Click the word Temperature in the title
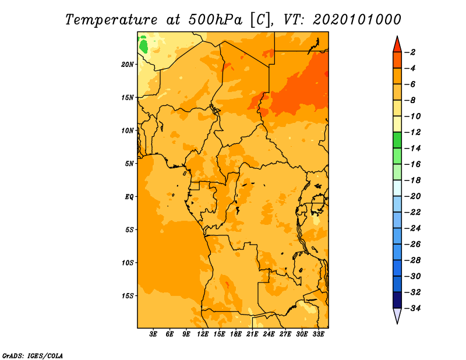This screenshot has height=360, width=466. (111, 20)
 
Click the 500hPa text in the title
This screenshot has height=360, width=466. (215, 20)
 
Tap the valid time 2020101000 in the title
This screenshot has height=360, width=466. (357, 20)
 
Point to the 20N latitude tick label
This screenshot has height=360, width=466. (128, 65)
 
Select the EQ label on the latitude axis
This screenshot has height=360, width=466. (129, 197)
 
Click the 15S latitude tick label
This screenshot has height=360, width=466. (128, 296)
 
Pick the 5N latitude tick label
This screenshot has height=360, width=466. (129, 164)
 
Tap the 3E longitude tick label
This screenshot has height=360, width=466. (153, 334)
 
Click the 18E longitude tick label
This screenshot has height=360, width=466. (236, 334)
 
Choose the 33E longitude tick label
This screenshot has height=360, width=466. (318, 334)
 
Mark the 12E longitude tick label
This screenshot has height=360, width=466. (203, 334)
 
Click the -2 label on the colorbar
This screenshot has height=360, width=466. (411, 52)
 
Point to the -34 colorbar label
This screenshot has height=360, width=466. (413, 308)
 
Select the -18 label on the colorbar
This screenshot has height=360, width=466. (413, 180)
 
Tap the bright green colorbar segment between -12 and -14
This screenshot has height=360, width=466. (397, 140)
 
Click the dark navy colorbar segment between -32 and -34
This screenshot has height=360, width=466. (397, 300)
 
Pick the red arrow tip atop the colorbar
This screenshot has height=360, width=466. (397, 36)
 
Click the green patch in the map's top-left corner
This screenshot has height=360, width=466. (143, 45)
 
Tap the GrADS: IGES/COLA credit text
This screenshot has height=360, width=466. (33, 356)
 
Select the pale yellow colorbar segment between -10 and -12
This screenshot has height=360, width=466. (397, 124)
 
